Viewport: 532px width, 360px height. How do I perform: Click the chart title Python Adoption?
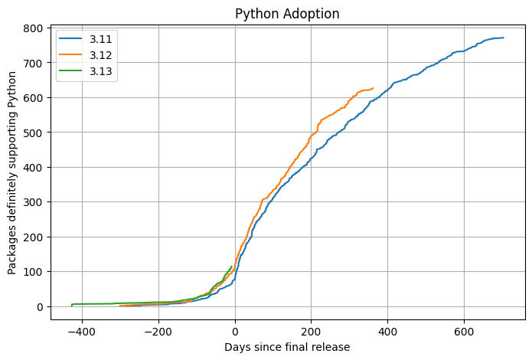[x=287, y=14]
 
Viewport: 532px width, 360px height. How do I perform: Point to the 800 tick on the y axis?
[x=32, y=28]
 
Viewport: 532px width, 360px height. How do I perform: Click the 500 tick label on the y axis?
[x=32, y=133]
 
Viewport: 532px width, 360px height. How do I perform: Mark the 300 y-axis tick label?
[x=32, y=202]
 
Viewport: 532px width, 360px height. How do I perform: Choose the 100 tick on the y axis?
[x=32, y=272]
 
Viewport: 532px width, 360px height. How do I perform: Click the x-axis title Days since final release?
[x=287, y=347]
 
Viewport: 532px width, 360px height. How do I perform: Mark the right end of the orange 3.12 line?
[x=373, y=88]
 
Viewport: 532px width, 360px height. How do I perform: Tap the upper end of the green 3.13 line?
[x=232, y=266]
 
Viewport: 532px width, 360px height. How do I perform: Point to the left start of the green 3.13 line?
[x=72, y=306]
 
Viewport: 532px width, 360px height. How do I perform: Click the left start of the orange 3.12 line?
[x=120, y=306]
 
